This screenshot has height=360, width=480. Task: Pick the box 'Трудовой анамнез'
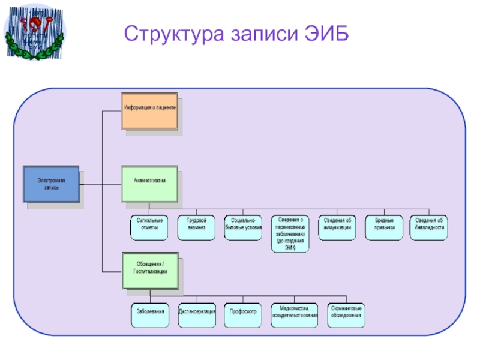[x=196, y=227]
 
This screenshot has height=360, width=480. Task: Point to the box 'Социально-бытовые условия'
[x=243, y=227]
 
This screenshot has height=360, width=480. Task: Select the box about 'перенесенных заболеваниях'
[x=291, y=232]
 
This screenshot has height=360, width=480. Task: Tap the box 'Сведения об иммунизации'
[x=336, y=227]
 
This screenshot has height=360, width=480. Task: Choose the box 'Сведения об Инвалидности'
[x=429, y=227]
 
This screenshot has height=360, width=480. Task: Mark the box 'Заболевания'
[x=149, y=316]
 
